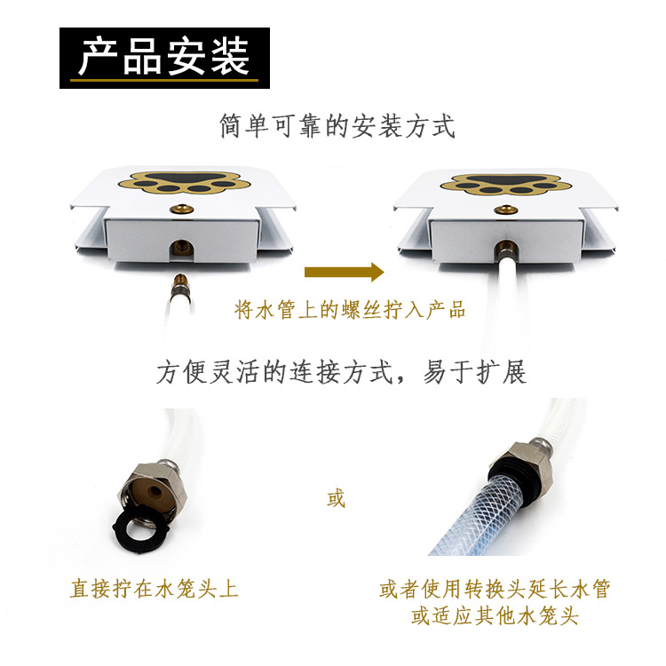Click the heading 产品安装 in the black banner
pos(164,58)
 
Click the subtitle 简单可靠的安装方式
pos(337,126)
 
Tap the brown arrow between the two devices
pos(343,273)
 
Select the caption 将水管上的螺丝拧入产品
pos(350,310)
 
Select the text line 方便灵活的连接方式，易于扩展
pos(342,372)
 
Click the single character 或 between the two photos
pos(336,498)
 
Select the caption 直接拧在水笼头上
pos(155,588)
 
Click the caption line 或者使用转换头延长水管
pos(495,589)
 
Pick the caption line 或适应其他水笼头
pos(495,616)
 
